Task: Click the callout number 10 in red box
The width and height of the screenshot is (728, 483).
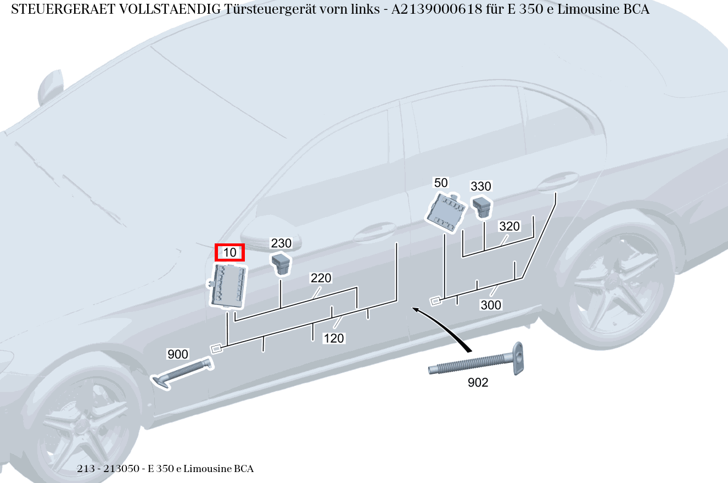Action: tap(229, 252)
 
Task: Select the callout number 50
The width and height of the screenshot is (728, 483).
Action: tap(441, 183)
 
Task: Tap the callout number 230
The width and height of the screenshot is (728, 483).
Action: tap(281, 243)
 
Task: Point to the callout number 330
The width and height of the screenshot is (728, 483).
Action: tap(481, 186)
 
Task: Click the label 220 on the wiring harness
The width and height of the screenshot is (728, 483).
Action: tap(321, 278)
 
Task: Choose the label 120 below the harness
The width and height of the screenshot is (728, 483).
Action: tap(333, 338)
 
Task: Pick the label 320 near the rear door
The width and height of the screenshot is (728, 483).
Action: tap(509, 226)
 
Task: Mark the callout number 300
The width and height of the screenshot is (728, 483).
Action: tap(491, 305)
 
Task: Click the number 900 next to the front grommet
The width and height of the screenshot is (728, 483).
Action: tap(177, 354)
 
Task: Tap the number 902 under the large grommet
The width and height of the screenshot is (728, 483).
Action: tap(478, 383)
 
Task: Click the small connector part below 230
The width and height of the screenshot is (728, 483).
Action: tap(281, 263)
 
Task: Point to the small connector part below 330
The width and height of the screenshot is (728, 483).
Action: tap(482, 207)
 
